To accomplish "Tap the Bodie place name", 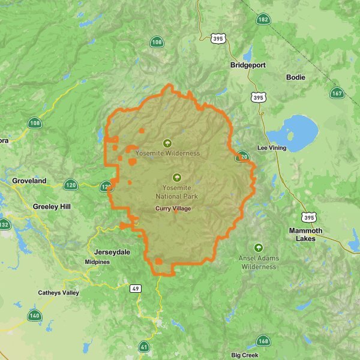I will pyautogui.click(x=296, y=77).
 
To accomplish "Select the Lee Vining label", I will pyautogui.click(x=272, y=148).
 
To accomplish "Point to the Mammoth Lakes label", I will pyautogui.click(x=305, y=234).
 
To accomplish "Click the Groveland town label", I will pyautogui.click(x=29, y=181).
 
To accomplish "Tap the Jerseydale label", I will pyautogui.click(x=109, y=252).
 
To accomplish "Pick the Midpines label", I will pyautogui.click(x=97, y=262).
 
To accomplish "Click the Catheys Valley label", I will pyautogui.click(x=58, y=293).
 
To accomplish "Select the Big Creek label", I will pyautogui.click(x=244, y=355).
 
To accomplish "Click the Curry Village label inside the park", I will pyautogui.click(x=173, y=208).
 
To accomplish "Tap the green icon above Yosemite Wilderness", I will pyautogui.click(x=167, y=143).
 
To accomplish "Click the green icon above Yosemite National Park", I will pyautogui.click(x=176, y=178).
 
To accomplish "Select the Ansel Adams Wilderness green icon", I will pyautogui.click(x=259, y=247).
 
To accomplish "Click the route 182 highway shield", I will pyautogui.click(x=263, y=20).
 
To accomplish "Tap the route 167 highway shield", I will pyautogui.click(x=337, y=93).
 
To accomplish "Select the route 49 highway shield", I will pyautogui.click(x=137, y=289).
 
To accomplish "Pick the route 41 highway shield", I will pyautogui.click(x=144, y=346).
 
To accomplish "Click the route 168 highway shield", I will pyautogui.click(x=263, y=341).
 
